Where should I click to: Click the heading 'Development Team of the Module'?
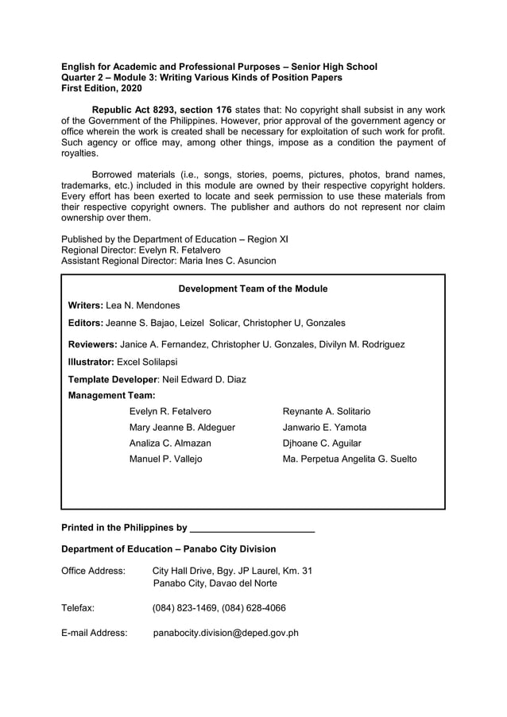pos(253,289)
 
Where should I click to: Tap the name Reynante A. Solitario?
pos(327,411)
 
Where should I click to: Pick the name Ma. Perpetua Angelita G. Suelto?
pos(350,459)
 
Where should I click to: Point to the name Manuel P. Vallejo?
pos(165,459)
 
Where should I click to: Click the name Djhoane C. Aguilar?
pos(322,443)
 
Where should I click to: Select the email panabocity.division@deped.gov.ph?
pos(226,633)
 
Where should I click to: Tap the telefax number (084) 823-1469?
pos(184,608)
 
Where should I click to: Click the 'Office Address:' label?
pos(93,571)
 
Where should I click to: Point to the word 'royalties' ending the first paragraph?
pos(79,153)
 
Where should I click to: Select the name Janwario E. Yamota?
pos(325,427)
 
